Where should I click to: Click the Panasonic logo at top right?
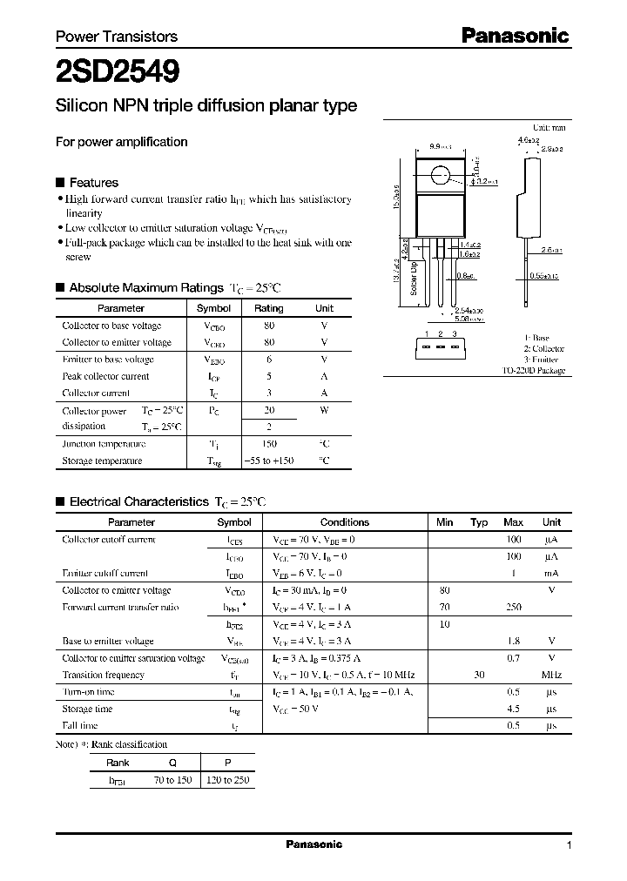(x=514, y=36)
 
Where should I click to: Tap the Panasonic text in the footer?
(x=313, y=844)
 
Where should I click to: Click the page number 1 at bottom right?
(x=569, y=845)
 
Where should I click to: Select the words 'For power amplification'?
(x=121, y=142)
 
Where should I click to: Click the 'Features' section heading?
(x=93, y=183)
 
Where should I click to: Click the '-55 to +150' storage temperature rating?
(x=268, y=461)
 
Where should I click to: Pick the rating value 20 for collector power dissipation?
(x=268, y=410)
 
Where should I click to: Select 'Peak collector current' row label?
(x=105, y=376)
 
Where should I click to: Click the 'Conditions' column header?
(x=345, y=522)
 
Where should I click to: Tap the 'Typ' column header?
(x=479, y=522)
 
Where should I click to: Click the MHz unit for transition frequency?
(x=551, y=675)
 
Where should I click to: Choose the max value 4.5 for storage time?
(x=513, y=709)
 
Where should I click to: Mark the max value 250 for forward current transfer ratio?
(x=513, y=607)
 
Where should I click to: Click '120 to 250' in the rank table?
(x=228, y=779)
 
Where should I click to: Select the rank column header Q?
(x=172, y=762)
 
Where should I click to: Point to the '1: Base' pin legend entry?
(x=537, y=336)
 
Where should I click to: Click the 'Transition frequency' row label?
(x=103, y=675)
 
